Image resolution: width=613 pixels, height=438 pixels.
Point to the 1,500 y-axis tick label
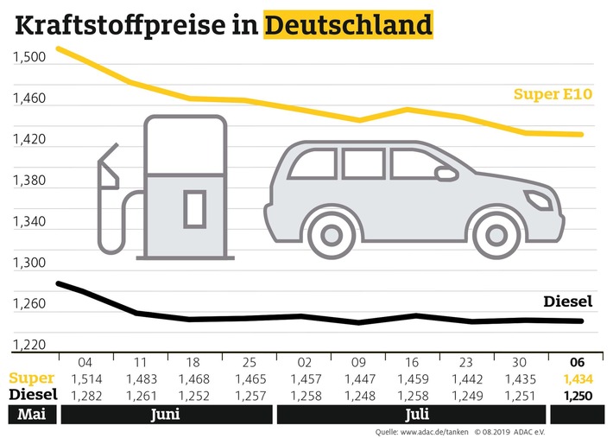point(28,57)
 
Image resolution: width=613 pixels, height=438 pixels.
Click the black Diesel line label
point(568,302)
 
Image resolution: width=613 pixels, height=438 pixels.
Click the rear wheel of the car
point(332,236)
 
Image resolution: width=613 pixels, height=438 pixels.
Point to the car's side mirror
point(446,174)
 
